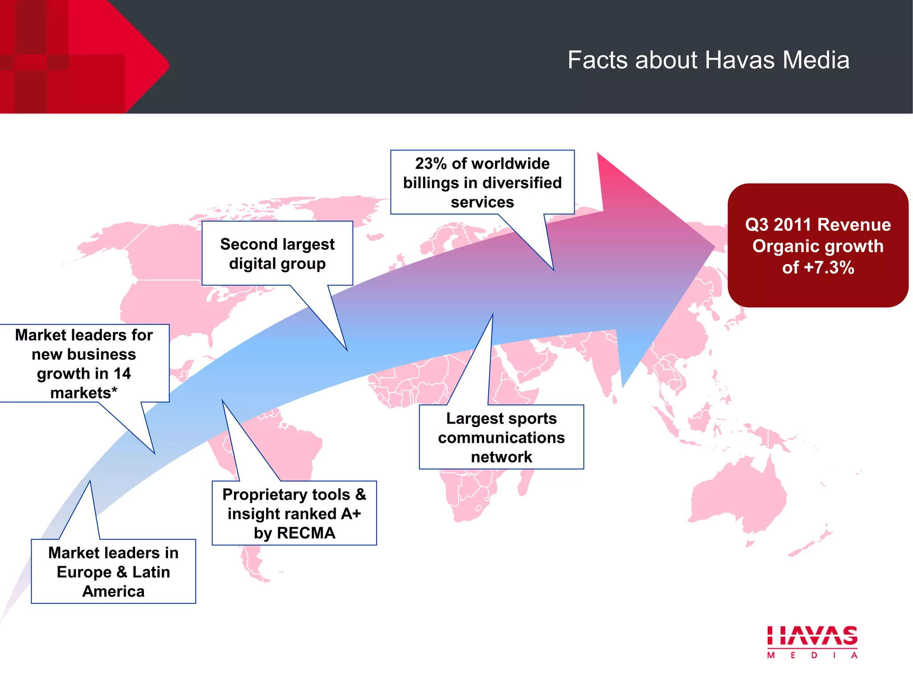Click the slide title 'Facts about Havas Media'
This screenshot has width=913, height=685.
click(x=708, y=60)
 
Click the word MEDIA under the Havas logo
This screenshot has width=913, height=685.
click(x=812, y=655)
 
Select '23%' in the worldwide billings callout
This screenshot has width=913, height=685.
click(x=431, y=164)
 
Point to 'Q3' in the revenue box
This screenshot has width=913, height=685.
click(x=757, y=225)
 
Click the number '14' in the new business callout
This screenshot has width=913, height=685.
click(x=122, y=374)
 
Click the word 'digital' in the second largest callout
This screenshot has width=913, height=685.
click(x=252, y=264)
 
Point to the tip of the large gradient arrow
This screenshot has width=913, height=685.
click(x=713, y=246)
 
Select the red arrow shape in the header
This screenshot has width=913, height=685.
click(x=134, y=58)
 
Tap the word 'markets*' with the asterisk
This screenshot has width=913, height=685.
click(x=84, y=393)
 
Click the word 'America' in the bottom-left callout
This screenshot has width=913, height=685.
click(x=113, y=591)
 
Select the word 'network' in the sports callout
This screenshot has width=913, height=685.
click(x=501, y=457)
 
